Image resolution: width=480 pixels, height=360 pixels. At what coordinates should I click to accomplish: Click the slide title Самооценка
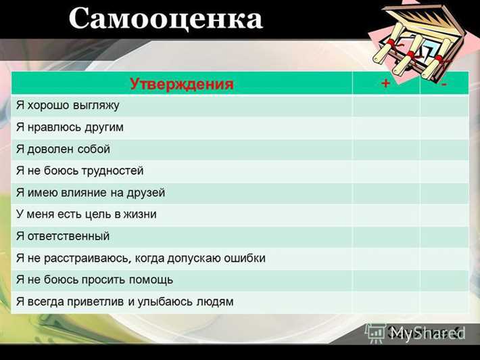tap(165, 19)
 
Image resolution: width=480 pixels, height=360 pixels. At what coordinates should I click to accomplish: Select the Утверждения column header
tap(181, 84)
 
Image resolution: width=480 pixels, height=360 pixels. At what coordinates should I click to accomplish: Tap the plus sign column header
tap(385, 84)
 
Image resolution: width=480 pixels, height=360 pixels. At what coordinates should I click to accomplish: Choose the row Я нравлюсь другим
tap(70, 127)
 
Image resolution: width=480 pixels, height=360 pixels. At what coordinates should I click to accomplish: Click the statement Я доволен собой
tap(63, 149)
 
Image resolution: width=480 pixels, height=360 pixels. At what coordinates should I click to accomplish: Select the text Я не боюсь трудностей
tap(80, 171)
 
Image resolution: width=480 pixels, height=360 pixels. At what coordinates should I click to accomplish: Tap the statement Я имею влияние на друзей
tap(91, 193)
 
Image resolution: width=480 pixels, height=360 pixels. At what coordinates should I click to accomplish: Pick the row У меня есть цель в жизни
tap(86, 215)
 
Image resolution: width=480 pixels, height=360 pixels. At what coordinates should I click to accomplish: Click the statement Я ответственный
tap(63, 236)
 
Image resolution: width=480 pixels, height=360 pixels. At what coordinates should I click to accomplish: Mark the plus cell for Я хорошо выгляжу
tap(385, 106)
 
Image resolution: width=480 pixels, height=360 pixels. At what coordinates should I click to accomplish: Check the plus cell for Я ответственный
tap(385, 236)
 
